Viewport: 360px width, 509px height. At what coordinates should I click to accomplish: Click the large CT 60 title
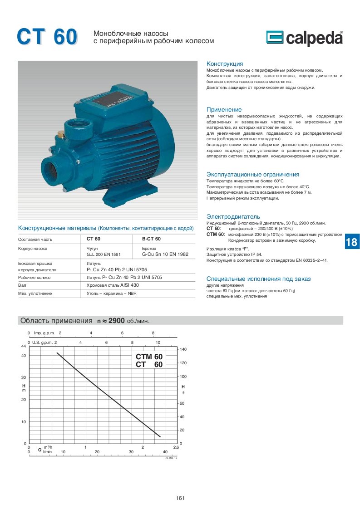coord(47,37)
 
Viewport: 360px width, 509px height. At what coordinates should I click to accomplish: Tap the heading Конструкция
coord(225,64)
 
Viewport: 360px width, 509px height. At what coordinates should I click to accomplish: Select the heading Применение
coord(224,110)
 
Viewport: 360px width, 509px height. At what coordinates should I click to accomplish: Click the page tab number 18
coord(351,242)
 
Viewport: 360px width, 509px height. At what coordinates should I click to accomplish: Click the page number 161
coord(180,498)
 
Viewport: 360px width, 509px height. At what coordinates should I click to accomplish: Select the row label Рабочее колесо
coord(34,277)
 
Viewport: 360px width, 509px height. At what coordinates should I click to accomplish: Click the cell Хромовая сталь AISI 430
coord(113,285)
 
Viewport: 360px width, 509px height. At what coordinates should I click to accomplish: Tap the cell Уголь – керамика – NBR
coord(112,294)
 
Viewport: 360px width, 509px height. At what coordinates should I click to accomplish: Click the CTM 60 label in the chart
coord(149,357)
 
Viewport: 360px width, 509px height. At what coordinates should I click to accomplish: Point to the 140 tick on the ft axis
coord(183,350)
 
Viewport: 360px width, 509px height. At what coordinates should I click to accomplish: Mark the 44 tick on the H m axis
coord(23,346)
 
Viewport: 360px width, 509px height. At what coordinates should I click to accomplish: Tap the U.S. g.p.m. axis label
coord(42,342)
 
